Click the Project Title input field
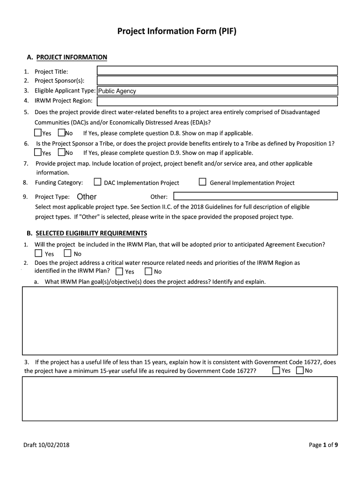pyautogui.click(x=217, y=71)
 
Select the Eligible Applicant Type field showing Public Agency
pyautogui.click(x=217, y=91)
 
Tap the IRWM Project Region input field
pyautogui.click(x=217, y=101)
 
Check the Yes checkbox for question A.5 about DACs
pyautogui.click(x=38, y=133)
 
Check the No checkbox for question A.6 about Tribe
pyautogui.click(x=62, y=152)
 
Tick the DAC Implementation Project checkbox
pyautogui.click(x=98, y=182)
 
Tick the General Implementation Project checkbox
pyautogui.click(x=202, y=182)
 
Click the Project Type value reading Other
pyautogui.click(x=86, y=197)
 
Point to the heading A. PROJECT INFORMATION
pyautogui.click(x=67, y=57)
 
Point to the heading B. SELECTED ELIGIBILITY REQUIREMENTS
pyautogui.click(x=86, y=233)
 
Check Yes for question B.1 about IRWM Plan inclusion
pyautogui.click(x=38, y=254)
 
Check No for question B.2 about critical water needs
pyautogui.click(x=148, y=271)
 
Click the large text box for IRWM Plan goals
pyautogui.click(x=180, y=320)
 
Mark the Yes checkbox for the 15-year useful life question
pyautogui.click(x=276, y=370)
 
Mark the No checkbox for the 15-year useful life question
pyautogui.click(x=299, y=370)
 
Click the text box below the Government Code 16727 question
pyautogui.click(x=180, y=399)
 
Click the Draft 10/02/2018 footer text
pyautogui.click(x=46, y=445)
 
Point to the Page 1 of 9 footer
pyautogui.click(x=323, y=445)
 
